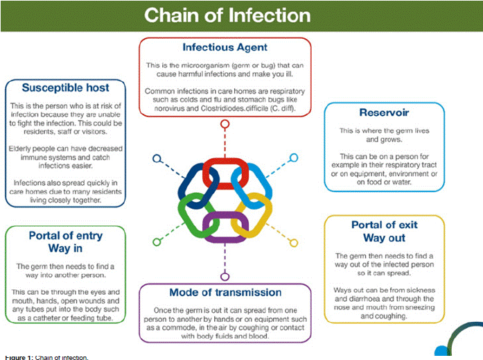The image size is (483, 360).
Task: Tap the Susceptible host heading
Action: tap(65, 88)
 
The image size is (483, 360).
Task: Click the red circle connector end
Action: tap(224, 125)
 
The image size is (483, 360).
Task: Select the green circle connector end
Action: tap(156, 241)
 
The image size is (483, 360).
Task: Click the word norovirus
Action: tap(164, 109)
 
